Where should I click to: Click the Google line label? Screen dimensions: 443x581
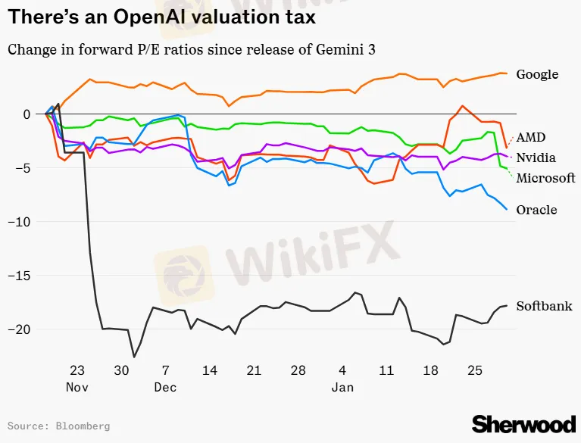[537, 74]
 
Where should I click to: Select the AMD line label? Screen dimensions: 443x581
[531, 137]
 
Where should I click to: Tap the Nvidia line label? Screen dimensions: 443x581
[536, 158]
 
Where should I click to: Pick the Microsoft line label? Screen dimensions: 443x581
[545, 178]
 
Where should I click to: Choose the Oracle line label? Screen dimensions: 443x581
[536, 210]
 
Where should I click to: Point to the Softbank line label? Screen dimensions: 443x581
[544, 306]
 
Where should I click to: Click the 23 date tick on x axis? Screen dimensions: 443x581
[77, 371]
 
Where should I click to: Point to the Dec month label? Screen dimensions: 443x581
[165, 388]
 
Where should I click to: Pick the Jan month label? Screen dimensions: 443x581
[342, 388]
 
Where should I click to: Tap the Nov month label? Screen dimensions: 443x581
[77, 388]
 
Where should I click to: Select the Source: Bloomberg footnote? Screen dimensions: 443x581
[58, 426]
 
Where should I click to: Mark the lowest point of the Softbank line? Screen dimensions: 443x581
[134, 357]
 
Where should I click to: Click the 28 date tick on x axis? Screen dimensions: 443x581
[298, 371]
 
